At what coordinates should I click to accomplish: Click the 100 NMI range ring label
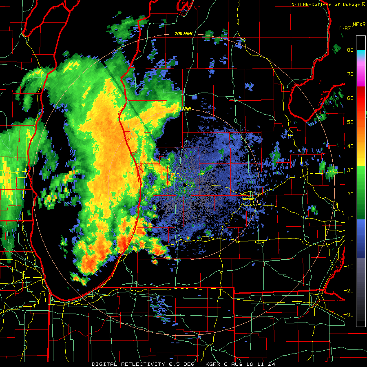(183, 33)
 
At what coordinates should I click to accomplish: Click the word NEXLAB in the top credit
(301, 4)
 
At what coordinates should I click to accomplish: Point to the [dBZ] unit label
(346, 28)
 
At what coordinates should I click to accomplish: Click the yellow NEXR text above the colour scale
(359, 24)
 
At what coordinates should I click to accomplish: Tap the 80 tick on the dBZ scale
(350, 50)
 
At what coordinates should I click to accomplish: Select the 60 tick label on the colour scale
(350, 98)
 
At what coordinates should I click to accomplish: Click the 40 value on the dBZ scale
(350, 146)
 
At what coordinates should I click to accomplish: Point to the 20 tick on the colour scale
(350, 194)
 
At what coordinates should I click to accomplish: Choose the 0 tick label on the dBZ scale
(352, 242)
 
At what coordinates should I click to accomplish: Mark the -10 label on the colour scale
(349, 266)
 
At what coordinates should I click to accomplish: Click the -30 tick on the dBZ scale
(349, 314)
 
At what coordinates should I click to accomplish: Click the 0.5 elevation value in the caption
(174, 364)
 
